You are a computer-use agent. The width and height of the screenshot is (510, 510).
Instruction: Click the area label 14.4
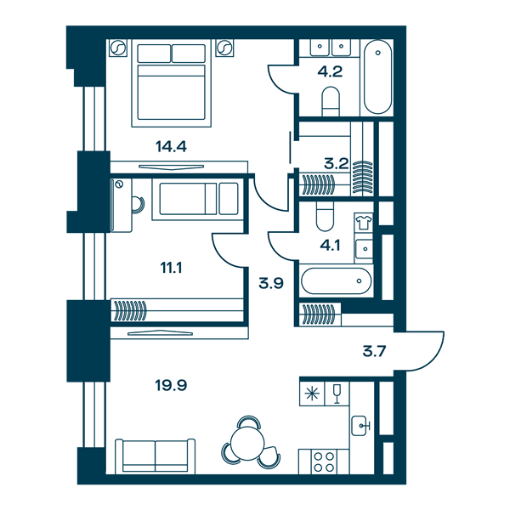171,147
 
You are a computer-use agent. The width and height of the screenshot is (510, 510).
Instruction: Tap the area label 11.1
171,268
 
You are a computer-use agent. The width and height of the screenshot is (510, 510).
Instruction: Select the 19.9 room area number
171,385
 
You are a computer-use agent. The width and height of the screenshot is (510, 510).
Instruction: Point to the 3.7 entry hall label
374,351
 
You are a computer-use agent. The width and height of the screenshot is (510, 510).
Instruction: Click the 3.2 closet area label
337,163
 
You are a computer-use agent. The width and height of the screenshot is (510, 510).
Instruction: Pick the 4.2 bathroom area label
330,71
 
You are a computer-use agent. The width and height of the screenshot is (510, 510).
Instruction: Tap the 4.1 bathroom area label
330,246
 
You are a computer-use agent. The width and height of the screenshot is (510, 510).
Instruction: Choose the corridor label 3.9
271,283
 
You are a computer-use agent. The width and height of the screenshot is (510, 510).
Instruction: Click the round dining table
247,444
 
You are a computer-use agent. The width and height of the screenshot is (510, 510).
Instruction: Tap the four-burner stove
324,462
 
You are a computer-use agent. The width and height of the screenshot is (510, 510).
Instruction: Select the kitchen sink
360,426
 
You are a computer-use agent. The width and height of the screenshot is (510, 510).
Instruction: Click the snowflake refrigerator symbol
312,394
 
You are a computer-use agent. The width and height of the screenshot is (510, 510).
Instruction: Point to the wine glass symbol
337,394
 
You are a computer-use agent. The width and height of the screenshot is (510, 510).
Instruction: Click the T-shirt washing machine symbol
364,223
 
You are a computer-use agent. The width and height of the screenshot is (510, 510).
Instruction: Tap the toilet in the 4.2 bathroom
331,101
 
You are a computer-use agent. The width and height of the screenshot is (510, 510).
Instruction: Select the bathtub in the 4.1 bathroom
336,280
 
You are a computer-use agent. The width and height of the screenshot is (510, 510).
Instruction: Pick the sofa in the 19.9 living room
156,456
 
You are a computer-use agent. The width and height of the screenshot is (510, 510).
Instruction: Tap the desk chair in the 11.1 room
139,205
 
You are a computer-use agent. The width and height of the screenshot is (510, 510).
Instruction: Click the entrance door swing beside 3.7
420,351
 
